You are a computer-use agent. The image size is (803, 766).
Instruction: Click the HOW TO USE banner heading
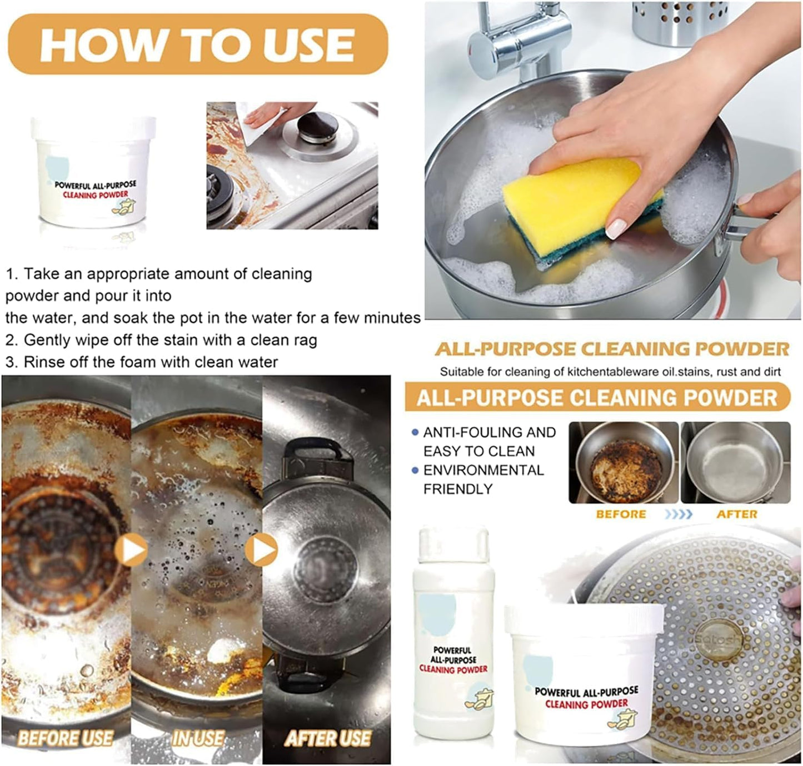pos(198,44)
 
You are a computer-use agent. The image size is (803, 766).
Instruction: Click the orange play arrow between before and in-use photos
pos(131,549)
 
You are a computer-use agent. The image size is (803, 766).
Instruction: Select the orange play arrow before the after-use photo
pos(261,549)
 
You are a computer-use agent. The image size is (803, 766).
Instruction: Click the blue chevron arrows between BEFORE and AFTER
pos(679,514)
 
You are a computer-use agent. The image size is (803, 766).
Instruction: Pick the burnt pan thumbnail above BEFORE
pos(624,462)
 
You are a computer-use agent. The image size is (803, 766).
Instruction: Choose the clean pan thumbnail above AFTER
pos(736,462)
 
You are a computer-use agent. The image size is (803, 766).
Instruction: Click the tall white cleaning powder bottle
pos(454,633)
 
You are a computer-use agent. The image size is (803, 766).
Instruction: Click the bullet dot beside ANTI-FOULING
pos(415,432)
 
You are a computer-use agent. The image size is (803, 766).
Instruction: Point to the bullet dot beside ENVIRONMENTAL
pos(415,470)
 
